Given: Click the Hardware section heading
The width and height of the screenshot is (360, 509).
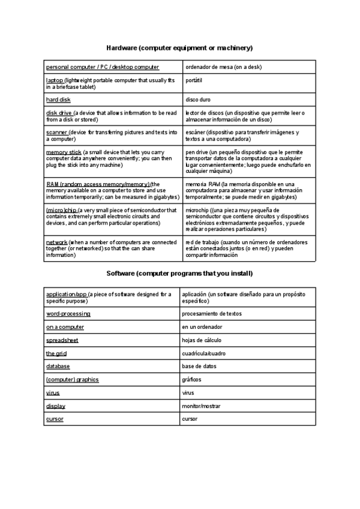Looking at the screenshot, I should point(179,47).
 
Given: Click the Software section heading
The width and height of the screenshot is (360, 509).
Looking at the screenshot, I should point(179,274).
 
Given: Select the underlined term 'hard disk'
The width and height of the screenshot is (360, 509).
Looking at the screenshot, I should point(58,100).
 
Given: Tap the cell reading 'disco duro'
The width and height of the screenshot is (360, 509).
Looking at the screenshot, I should point(199,100).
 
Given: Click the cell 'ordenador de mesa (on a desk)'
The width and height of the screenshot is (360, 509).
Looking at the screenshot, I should point(223,67).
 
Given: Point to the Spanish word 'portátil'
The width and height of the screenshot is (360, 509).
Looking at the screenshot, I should point(195,80).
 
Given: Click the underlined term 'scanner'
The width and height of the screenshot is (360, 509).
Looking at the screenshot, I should point(56,132).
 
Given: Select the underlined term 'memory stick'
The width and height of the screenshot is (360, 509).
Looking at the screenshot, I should point(64,152).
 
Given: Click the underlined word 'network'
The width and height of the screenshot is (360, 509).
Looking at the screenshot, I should point(57,242).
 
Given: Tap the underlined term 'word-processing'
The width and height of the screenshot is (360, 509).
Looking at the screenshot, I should point(68,314).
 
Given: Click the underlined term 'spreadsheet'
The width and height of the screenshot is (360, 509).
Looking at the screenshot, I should point(62,340).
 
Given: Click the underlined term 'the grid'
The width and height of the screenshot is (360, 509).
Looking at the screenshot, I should point(56,354).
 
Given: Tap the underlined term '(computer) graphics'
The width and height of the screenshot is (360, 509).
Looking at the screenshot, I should point(72,379).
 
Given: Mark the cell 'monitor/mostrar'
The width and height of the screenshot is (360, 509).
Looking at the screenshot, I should point(202,406).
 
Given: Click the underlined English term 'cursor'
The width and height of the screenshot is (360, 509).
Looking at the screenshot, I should point(55,419).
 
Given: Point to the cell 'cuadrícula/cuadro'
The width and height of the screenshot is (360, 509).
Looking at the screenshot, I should point(205,354).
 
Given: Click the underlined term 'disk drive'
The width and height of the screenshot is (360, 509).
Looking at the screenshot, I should point(59,113).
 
